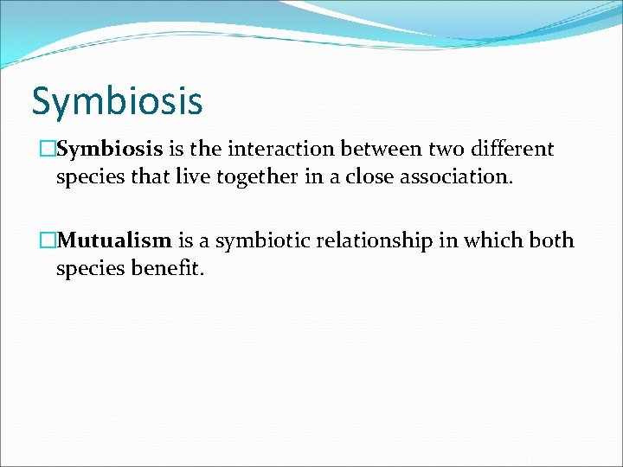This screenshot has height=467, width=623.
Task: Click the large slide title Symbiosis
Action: (117, 101)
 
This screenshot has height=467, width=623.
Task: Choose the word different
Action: (511, 150)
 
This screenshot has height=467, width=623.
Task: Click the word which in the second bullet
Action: (490, 240)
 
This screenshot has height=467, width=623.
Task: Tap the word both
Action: (550, 240)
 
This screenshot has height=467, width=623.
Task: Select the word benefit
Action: (168, 269)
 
